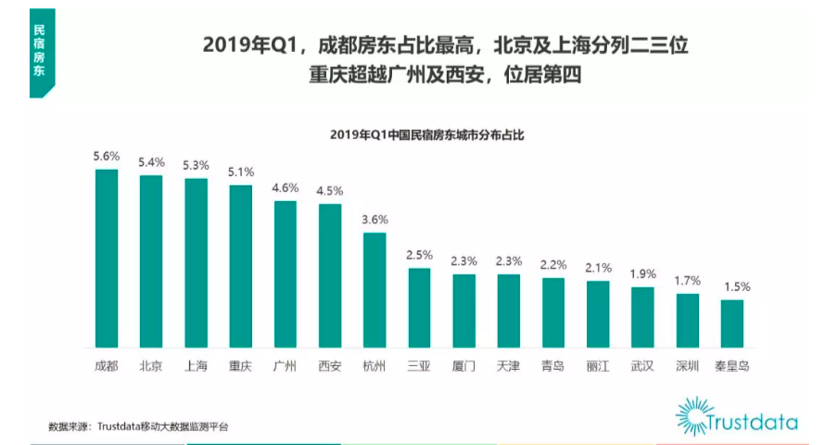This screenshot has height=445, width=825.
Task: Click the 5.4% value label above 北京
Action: coord(151,162)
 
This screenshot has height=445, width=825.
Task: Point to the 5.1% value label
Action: coord(241,172)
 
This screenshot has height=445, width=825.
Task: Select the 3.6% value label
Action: coord(374,220)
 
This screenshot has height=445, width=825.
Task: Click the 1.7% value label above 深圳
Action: coord(687,281)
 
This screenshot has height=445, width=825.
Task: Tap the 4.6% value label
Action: coord(286,187)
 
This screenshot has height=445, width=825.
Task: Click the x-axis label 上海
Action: coord(196,366)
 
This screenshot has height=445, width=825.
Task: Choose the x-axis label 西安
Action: coord(330,366)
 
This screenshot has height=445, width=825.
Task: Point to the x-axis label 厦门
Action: coord(463,366)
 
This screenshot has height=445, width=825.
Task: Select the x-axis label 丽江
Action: coord(598,366)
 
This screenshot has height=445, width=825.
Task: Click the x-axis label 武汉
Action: coord(642,366)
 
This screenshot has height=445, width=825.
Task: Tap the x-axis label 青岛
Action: coord(553,366)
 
